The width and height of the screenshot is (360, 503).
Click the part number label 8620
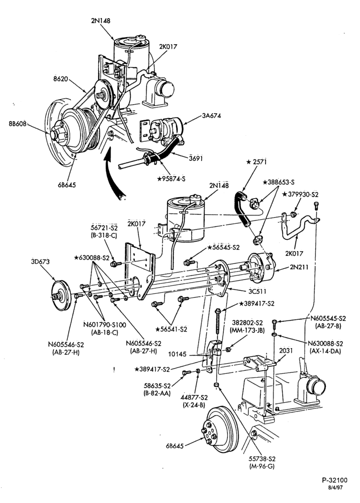[x=61, y=78]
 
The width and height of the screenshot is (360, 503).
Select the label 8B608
[x=17, y=124]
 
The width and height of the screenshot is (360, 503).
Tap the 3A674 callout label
[x=211, y=116]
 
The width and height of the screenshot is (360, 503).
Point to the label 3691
[x=196, y=158]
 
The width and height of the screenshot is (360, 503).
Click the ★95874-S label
[x=171, y=179]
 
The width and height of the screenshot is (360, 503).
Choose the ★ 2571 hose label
[x=256, y=161]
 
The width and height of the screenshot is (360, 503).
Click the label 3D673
[x=40, y=262]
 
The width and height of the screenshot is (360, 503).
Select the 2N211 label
[x=299, y=266]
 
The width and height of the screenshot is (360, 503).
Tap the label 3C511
[x=258, y=292]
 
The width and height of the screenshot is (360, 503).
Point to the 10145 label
[x=177, y=355]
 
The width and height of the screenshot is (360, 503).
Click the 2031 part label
[x=286, y=351]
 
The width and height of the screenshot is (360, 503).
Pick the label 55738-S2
[x=262, y=459]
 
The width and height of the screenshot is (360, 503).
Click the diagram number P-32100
[x=335, y=480]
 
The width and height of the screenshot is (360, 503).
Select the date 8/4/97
[x=335, y=487]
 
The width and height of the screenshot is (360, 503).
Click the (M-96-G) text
[x=262, y=466]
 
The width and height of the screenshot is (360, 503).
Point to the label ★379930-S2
[x=300, y=194]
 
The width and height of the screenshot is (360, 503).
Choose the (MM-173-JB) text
[x=247, y=329]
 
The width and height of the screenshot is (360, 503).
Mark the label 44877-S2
[x=194, y=397]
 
